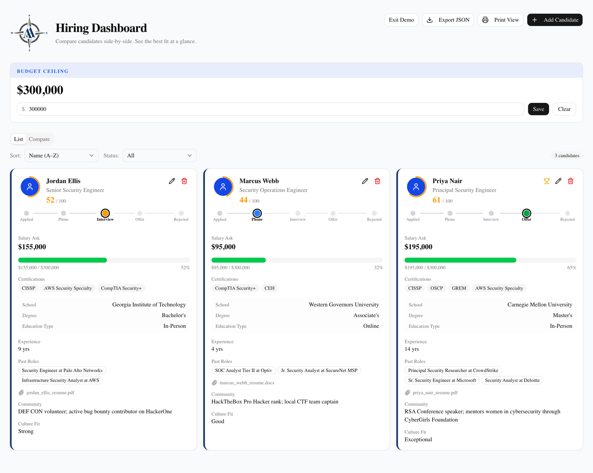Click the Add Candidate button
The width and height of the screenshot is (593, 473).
tap(554, 20)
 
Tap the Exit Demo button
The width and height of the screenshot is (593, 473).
tap(401, 20)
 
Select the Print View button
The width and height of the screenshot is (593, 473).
tap(500, 20)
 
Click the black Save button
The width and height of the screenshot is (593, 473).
tap(538, 109)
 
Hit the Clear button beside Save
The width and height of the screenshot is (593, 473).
tap(564, 109)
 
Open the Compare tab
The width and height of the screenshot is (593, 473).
tap(39, 139)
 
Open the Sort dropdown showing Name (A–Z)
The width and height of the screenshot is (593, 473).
tap(61, 155)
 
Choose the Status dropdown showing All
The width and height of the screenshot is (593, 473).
tap(159, 155)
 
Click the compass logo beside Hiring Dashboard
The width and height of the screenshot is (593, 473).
tap(29, 33)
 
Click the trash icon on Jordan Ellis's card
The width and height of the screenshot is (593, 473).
tap(184, 181)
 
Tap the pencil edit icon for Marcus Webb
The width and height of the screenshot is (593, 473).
tap(365, 181)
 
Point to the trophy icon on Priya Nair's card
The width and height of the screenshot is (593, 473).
tap(547, 181)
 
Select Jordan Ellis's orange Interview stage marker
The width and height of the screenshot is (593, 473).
tap(105, 213)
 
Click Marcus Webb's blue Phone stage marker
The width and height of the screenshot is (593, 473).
tap(257, 213)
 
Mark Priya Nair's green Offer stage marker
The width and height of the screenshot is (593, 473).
tap(526, 213)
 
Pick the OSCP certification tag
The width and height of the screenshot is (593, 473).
tap(437, 288)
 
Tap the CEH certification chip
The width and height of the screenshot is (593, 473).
tap(269, 288)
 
